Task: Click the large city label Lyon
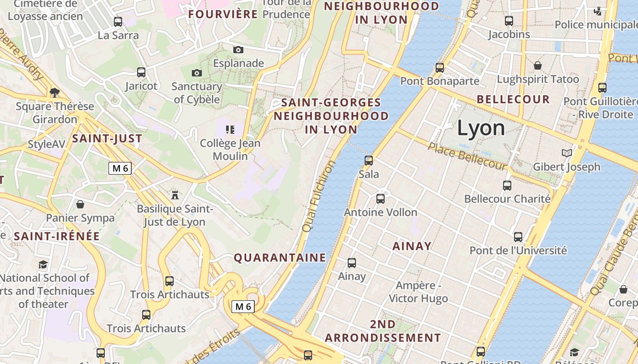point(481,128)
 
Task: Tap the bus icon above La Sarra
point(118,21)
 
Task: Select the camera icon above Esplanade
point(238,50)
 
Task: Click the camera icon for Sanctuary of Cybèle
point(196,73)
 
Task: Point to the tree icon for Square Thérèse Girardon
point(55,93)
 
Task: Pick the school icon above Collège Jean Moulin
point(230,130)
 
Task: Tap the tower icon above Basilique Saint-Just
point(175,195)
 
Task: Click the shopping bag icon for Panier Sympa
point(80,204)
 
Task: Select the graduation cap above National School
point(43,264)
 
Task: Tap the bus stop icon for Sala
point(369,160)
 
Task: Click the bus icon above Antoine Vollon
point(381,199)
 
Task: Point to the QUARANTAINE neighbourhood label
point(280,258)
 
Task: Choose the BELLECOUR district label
point(513,99)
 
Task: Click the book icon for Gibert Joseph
point(566,153)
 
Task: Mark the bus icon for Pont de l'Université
point(518,237)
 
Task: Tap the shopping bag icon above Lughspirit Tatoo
point(538,66)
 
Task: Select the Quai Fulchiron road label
point(318,196)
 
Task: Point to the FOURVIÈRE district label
point(223,14)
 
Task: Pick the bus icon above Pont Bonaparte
point(440,68)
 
